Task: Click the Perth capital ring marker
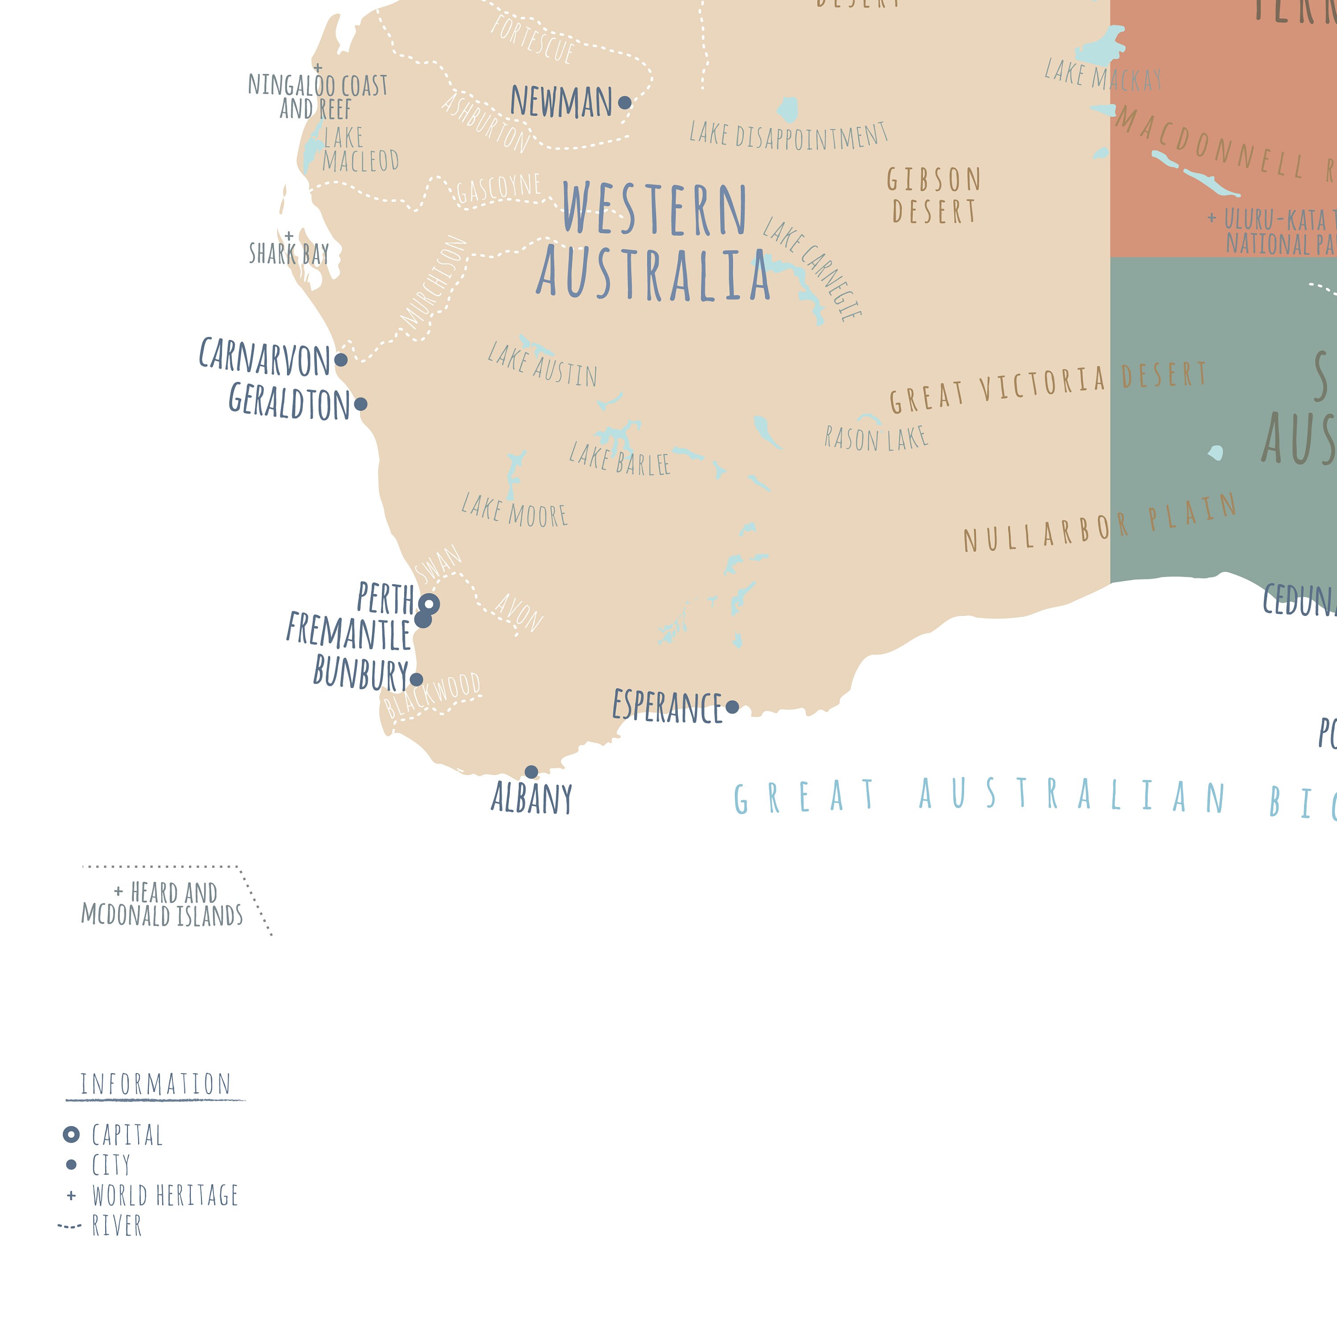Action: click(x=429, y=604)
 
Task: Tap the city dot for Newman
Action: click(x=624, y=103)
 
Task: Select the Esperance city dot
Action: click(x=732, y=706)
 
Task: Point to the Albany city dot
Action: click(x=532, y=771)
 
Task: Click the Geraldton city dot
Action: click(x=361, y=403)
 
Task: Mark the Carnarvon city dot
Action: click(x=340, y=359)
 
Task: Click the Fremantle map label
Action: click(x=349, y=631)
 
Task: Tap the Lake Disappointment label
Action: click(x=788, y=135)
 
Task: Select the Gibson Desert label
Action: click(x=934, y=195)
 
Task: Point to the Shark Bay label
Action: click(x=289, y=253)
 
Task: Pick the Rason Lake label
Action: click(x=875, y=438)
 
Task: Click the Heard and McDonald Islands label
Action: click(x=163, y=904)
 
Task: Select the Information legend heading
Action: click(x=155, y=1084)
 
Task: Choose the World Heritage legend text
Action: click(x=165, y=1195)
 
